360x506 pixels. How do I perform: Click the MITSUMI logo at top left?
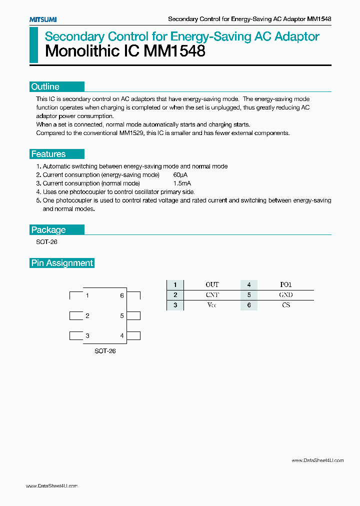coord(42,19)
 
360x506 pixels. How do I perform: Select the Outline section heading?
coord(45,86)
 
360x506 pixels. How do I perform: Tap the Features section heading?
coord(48,154)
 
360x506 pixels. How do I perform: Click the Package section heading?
coord(48,230)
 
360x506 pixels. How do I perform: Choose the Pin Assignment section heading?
coord(62,263)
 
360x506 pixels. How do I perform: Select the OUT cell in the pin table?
coord(212,285)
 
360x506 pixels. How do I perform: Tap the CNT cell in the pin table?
coord(212,295)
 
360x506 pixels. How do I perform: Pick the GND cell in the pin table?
coord(285,295)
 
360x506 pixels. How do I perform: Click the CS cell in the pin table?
coord(285,305)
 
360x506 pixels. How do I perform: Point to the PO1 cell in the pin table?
coord(285,285)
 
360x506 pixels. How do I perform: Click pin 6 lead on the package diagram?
coord(134,295)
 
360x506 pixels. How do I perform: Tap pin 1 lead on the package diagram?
coord(75,295)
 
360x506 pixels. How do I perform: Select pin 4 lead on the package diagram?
coord(134,335)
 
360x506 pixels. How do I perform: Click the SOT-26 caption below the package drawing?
coord(105,351)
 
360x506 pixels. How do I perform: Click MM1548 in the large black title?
coord(174,51)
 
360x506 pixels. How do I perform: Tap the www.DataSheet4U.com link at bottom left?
coord(51,486)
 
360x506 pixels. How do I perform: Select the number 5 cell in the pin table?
coord(248,295)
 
